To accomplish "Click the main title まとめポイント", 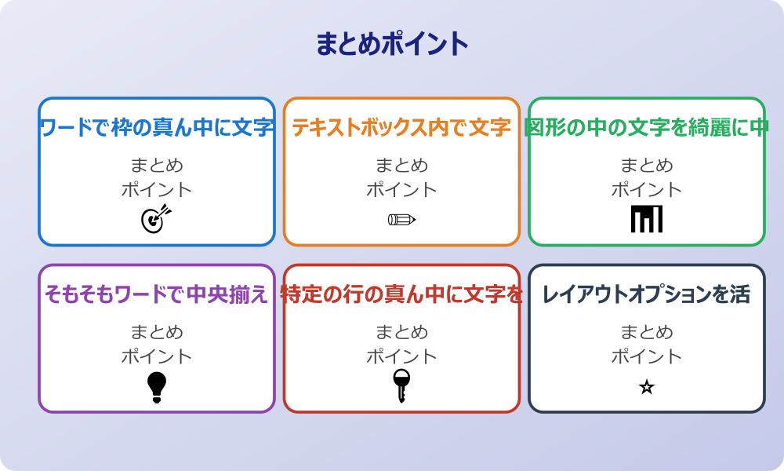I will [392, 44].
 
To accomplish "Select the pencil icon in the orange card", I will [401, 219].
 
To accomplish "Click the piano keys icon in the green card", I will [647, 219].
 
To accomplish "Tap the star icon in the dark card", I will [647, 387].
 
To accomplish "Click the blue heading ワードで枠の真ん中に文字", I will [157, 127].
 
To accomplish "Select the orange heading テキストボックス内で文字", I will [401, 127].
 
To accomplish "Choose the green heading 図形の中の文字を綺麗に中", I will [647, 127].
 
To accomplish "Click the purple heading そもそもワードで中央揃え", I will [157, 294].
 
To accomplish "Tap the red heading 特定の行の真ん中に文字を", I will [401, 294].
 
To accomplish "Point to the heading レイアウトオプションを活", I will [647, 294].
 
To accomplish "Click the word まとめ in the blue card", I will [157, 166].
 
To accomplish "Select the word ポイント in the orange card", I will [401, 190].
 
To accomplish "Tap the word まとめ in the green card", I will [647, 166].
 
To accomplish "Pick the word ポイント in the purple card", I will [157, 356].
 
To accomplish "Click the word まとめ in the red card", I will [401, 332].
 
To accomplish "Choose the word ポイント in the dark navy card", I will [647, 356].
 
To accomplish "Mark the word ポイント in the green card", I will [647, 190].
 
